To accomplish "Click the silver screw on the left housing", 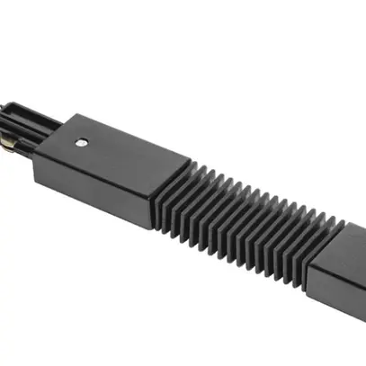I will click(x=82, y=142).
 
